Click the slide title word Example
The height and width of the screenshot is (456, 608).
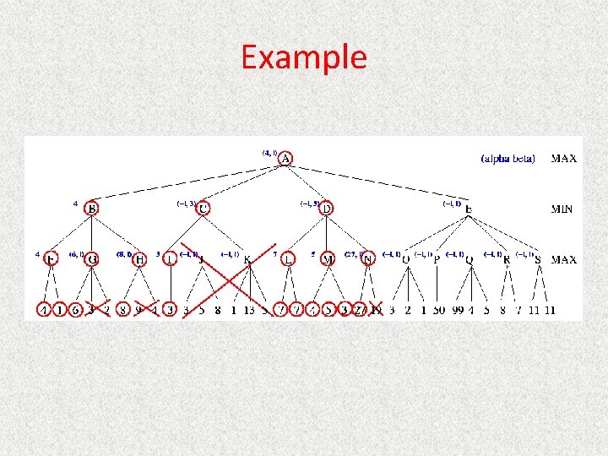[x=303, y=57]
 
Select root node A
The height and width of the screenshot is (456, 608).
[x=286, y=158]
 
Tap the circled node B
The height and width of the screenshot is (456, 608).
[x=91, y=208]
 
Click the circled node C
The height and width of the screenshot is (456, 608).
[x=203, y=208]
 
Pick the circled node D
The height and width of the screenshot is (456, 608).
[x=326, y=208]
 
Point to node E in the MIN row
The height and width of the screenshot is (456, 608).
[x=469, y=209]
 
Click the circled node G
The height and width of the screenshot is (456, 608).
[x=92, y=259]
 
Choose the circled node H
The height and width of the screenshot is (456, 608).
[x=140, y=259]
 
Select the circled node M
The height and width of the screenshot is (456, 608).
[x=328, y=259]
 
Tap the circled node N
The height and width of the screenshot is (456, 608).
[x=367, y=259]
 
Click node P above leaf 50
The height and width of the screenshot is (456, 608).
[x=437, y=260]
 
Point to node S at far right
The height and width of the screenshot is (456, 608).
[x=538, y=260]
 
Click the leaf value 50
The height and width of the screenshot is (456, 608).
[x=439, y=310]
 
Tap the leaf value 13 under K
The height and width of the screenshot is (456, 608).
[x=248, y=310]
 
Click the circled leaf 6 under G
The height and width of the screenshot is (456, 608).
[x=76, y=310]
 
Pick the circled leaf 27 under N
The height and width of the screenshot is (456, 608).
[x=359, y=310]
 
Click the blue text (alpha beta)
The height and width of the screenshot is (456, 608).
[x=508, y=158]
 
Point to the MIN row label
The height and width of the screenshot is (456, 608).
[x=563, y=209]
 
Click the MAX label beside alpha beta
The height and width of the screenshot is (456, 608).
[x=564, y=158]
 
